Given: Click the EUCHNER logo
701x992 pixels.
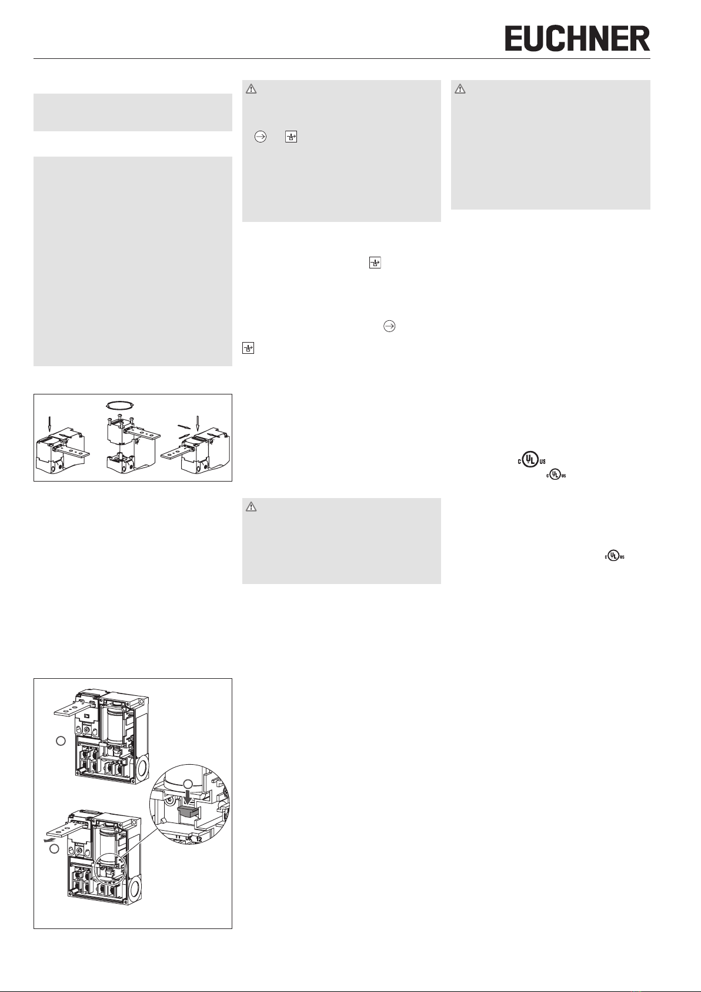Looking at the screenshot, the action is (x=578, y=38).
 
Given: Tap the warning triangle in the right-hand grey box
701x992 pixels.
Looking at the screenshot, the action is (x=460, y=89).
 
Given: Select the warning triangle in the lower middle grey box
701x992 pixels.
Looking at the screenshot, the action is (x=251, y=507).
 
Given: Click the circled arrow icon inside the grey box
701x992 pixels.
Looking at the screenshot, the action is (x=261, y=137).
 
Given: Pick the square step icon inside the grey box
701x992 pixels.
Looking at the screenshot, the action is (x=291, y=137).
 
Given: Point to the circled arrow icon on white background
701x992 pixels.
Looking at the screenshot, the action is (x=389, y=326).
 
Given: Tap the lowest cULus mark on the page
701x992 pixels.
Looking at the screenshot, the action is (x=615, y=556).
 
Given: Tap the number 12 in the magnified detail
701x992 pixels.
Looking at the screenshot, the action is (x=199, y=839).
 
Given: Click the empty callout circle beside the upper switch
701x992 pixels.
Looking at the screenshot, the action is (x=61, y=741).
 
